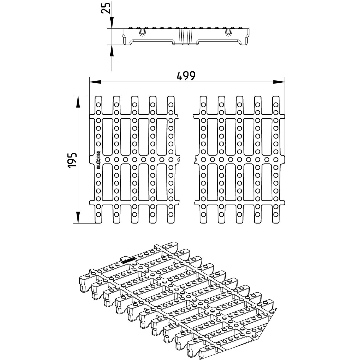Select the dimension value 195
(x=72, y=160)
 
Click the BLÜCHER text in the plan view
(x=98, y=160)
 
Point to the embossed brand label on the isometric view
(x=128, y=260)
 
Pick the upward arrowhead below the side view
(x=112, y=50)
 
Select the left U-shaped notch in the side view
(x=142, y=32)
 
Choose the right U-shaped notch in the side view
(x=229, y=32)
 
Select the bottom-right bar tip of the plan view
(x=276, y=221)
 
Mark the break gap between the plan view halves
(x=187, y=160)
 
